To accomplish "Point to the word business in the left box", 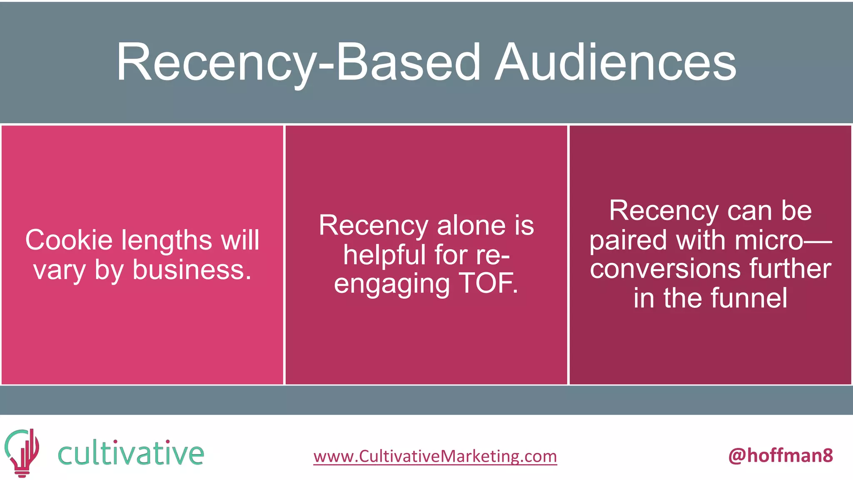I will [x=192, y=270].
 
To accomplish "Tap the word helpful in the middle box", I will [x=385, y=255].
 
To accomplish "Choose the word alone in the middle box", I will [x=471, y=225].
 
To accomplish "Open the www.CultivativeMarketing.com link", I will [x=435, y=456].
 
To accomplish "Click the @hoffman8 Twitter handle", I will [x=781, y=455].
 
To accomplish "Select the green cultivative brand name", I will [x=131, y=453].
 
